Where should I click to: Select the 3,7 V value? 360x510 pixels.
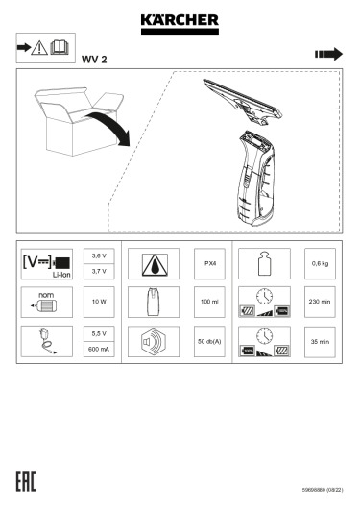(99, 272)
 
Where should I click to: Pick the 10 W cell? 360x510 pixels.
(99, 302)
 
